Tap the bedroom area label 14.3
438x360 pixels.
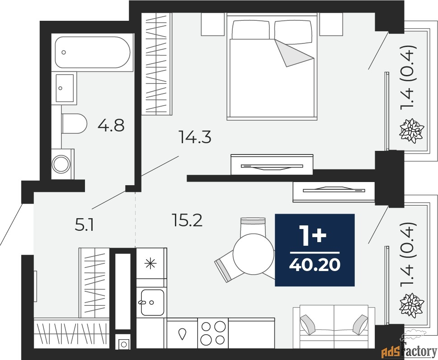pyautogui.click(x=195, y=137)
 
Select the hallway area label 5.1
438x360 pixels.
pyautogui.click(x=84, y=225)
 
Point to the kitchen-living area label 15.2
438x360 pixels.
pyautogui.click(x=187, y=220)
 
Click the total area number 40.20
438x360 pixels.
pyautogui.click(x=315, y=264)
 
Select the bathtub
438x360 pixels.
pyautogui.click(x=93, y=52)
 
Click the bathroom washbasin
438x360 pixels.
pyautogui.click(x=65, y=88)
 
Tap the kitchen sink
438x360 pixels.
pyautogui.click(x=152, y=302)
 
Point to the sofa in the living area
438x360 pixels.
pyautogui.click(x=334, y=327)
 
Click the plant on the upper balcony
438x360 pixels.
pyautogui.click(x=412, y=131)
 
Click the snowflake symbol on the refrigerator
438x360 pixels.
pyautogui.click(x=150, y=263)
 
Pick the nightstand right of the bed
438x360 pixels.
pyautogui.click(x=331, y=24)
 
